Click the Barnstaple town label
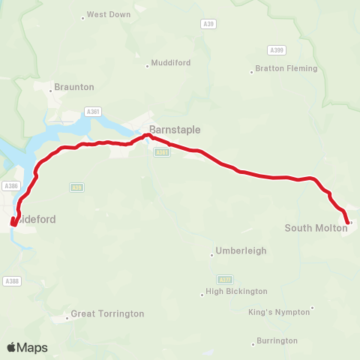(x=175, y=130)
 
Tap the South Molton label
(x=315, y=227)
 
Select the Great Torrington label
(x=107, y=314)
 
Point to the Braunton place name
(x=74, y=87)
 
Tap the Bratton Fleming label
(x=286, y=69)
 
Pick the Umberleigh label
(x=241, y=250)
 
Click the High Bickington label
(x=236, y=291)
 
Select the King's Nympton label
(x=278, y=312)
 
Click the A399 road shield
(x=275, y=50)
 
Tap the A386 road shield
(x=11, y=186)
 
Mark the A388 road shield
(x=10, y=280)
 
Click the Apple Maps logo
(x=27, y=347)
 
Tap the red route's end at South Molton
(x=346, y=222)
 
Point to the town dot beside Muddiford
(x=147, y=65)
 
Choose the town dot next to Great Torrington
(x=67, y=318)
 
